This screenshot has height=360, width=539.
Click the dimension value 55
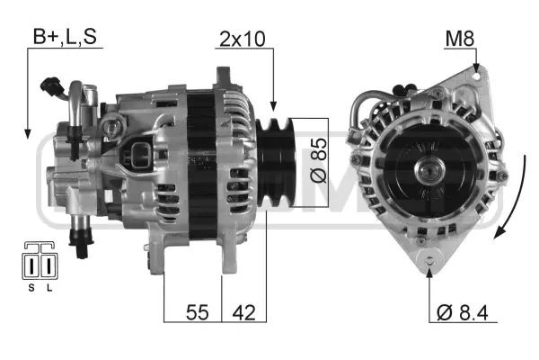[198, 312]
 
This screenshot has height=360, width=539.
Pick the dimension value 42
[244, 312]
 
